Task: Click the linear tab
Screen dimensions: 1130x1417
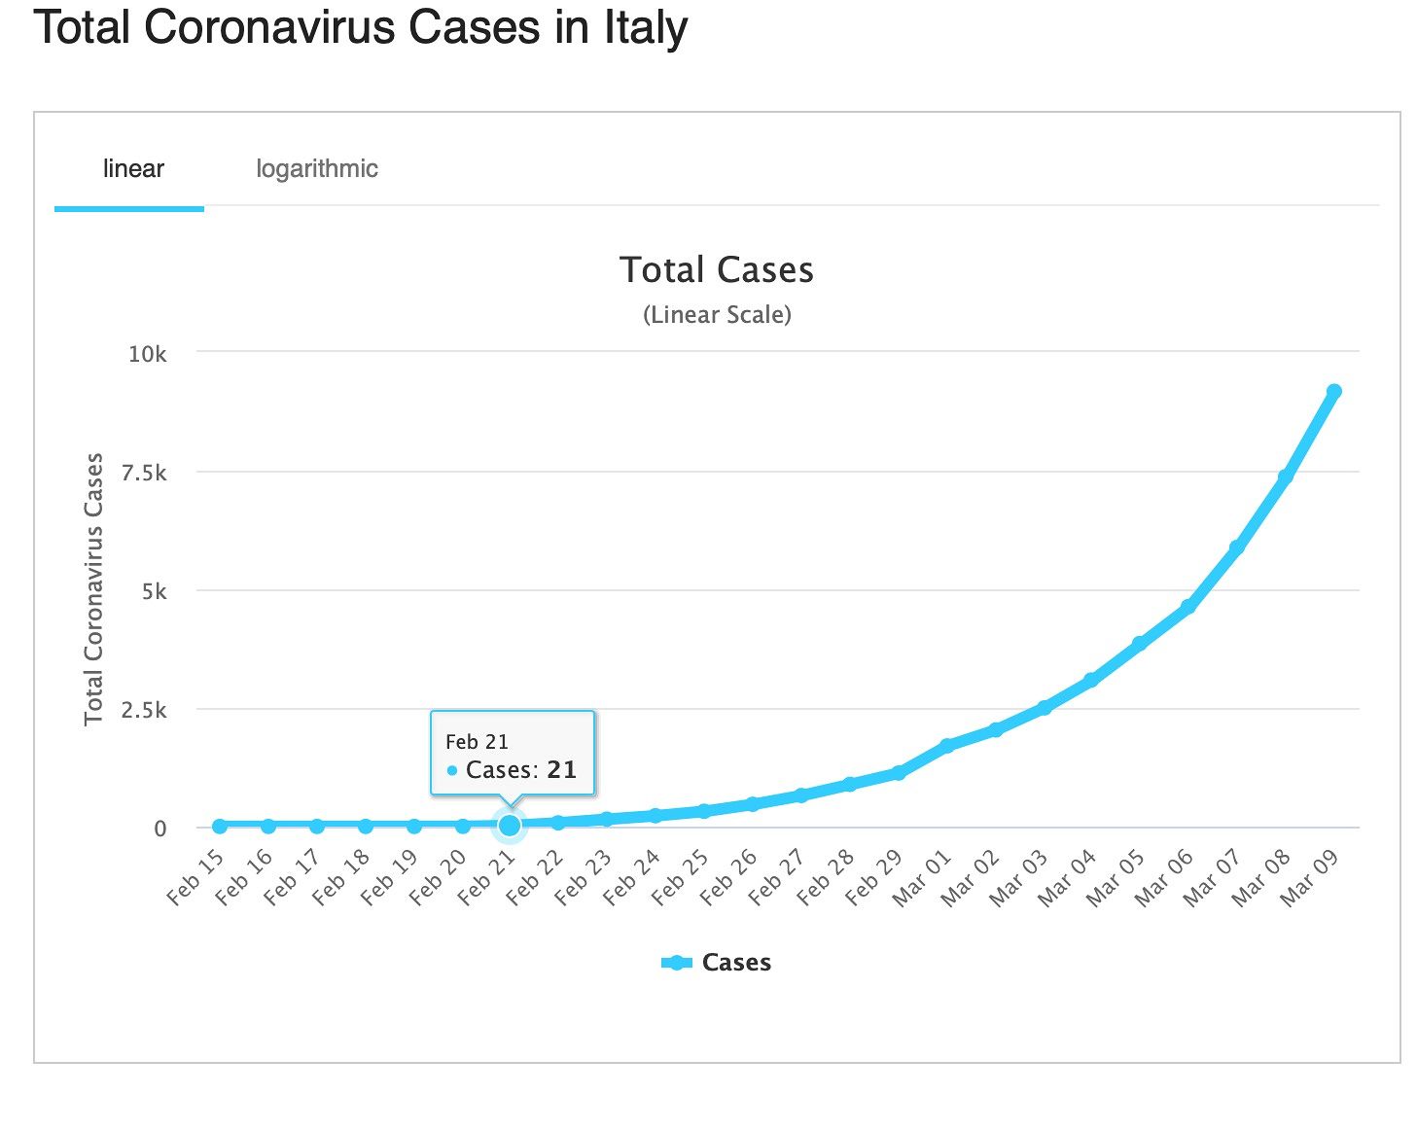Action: pyautogui.click(x=133, y=169)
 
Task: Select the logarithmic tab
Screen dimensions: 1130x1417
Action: pyautogui.click(x=316, y=169)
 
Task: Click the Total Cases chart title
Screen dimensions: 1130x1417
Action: pyautogui.click(x=716, y=270)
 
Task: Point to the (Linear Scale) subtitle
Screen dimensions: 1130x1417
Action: pyautogui.click(x=717, y=315)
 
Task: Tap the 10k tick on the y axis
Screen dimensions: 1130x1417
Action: pyautogui.click(x=148, y=354)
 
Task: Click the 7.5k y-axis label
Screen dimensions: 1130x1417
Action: pyautogui.click(x=144, y=474)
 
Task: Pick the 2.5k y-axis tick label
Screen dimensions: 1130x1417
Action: pyautogui.click(x=144, y=711)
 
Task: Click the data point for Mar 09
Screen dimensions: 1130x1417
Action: pyautogui.click(x=1333, y=391)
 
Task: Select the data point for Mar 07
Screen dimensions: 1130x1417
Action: pyautogui.click(x=1236, y=548)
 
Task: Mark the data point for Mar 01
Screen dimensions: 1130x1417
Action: pyautogui.click(x=946, y=746)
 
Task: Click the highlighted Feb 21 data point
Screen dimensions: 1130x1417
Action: pyautogui.click(x=510, y=826)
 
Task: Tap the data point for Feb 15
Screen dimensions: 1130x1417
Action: pyautogui.click(x=220, y=826)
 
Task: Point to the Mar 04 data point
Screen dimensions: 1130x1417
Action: pyautogui.click(x=1091, y=680)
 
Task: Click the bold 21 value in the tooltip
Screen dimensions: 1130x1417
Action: pyautogui.click(x=561, y=770)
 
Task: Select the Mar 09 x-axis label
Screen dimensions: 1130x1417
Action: pyautogui.click(x=1310, y=877)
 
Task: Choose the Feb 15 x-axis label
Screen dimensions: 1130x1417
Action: pyautogui.click(x=195, y=877)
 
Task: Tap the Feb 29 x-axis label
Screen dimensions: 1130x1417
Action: pyautogui.click(x=874, y=877)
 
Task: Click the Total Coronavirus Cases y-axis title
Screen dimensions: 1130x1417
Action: pyautogui.click(x=93, y=589)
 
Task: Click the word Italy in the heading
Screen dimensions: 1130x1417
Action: pyautogui.click(x=646, y=27)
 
